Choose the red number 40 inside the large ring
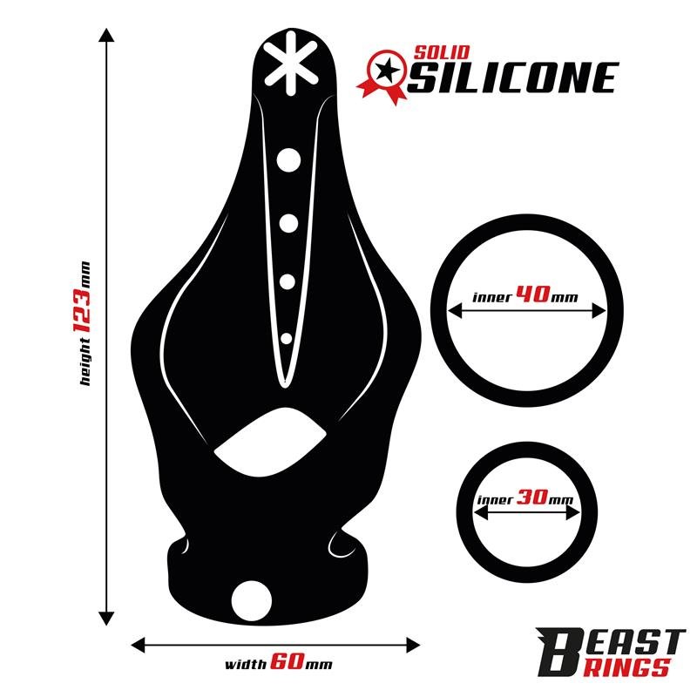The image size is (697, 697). pyautogui.click(x=531, y=295)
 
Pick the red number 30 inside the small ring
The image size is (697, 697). pyautogui.click(x=531, y=500)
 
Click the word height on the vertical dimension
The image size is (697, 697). pyautogui.click(x=84, y=366)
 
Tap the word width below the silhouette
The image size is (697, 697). pyautogui.click(x=245, y=665)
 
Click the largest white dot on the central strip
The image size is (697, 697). pyautogui.click(x=288, y=159)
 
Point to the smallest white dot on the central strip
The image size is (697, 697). pyautogui.click(x=286, y=337)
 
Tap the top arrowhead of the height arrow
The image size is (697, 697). pyautogui.click(x=106, y=35)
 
